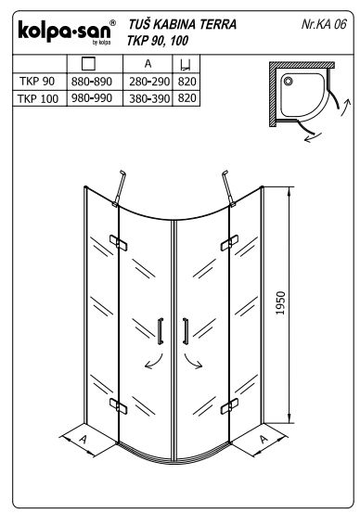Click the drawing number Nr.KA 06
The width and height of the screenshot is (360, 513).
tap(323, 24)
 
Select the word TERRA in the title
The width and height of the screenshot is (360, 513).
tap(218, 24)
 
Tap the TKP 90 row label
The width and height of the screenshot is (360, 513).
tap(37, 81)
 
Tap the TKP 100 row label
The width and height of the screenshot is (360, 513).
tap(38, 98)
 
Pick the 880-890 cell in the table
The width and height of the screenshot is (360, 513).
tap(92, 82)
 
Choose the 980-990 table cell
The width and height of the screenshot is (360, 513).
tap(92, 98)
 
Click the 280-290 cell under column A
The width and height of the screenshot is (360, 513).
tap(149, 82)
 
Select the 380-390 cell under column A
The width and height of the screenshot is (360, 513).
tap(149, 98)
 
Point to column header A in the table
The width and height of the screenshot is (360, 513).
tap(148, 63)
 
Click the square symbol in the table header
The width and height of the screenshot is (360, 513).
tap(88, 63)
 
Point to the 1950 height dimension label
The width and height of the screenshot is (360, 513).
tap(280, 303)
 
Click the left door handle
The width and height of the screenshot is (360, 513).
tap(161, 331)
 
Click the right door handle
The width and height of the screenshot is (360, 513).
tap(186, 331)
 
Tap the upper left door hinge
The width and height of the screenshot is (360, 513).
tap(119, 243)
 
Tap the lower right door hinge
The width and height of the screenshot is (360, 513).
tap(229, 405)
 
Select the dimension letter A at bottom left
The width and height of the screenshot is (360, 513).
tap(84, 439)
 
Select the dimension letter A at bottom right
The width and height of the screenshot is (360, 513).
tap(264, 439)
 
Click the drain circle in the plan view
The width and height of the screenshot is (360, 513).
tap(288, 81)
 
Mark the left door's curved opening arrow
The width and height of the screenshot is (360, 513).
tap(157, 363)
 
